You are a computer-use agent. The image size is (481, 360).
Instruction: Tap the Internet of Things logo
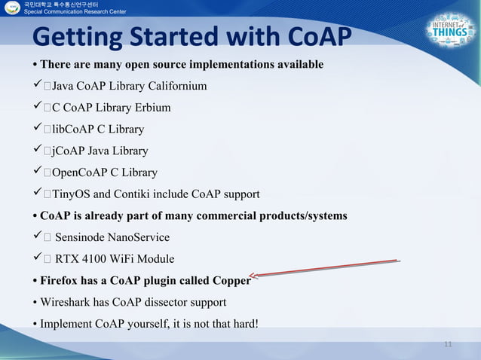click(x=450, y=33)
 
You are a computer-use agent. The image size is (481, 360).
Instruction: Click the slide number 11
click(x=448, y=344)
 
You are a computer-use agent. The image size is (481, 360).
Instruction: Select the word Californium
click(x=175, y=86)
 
